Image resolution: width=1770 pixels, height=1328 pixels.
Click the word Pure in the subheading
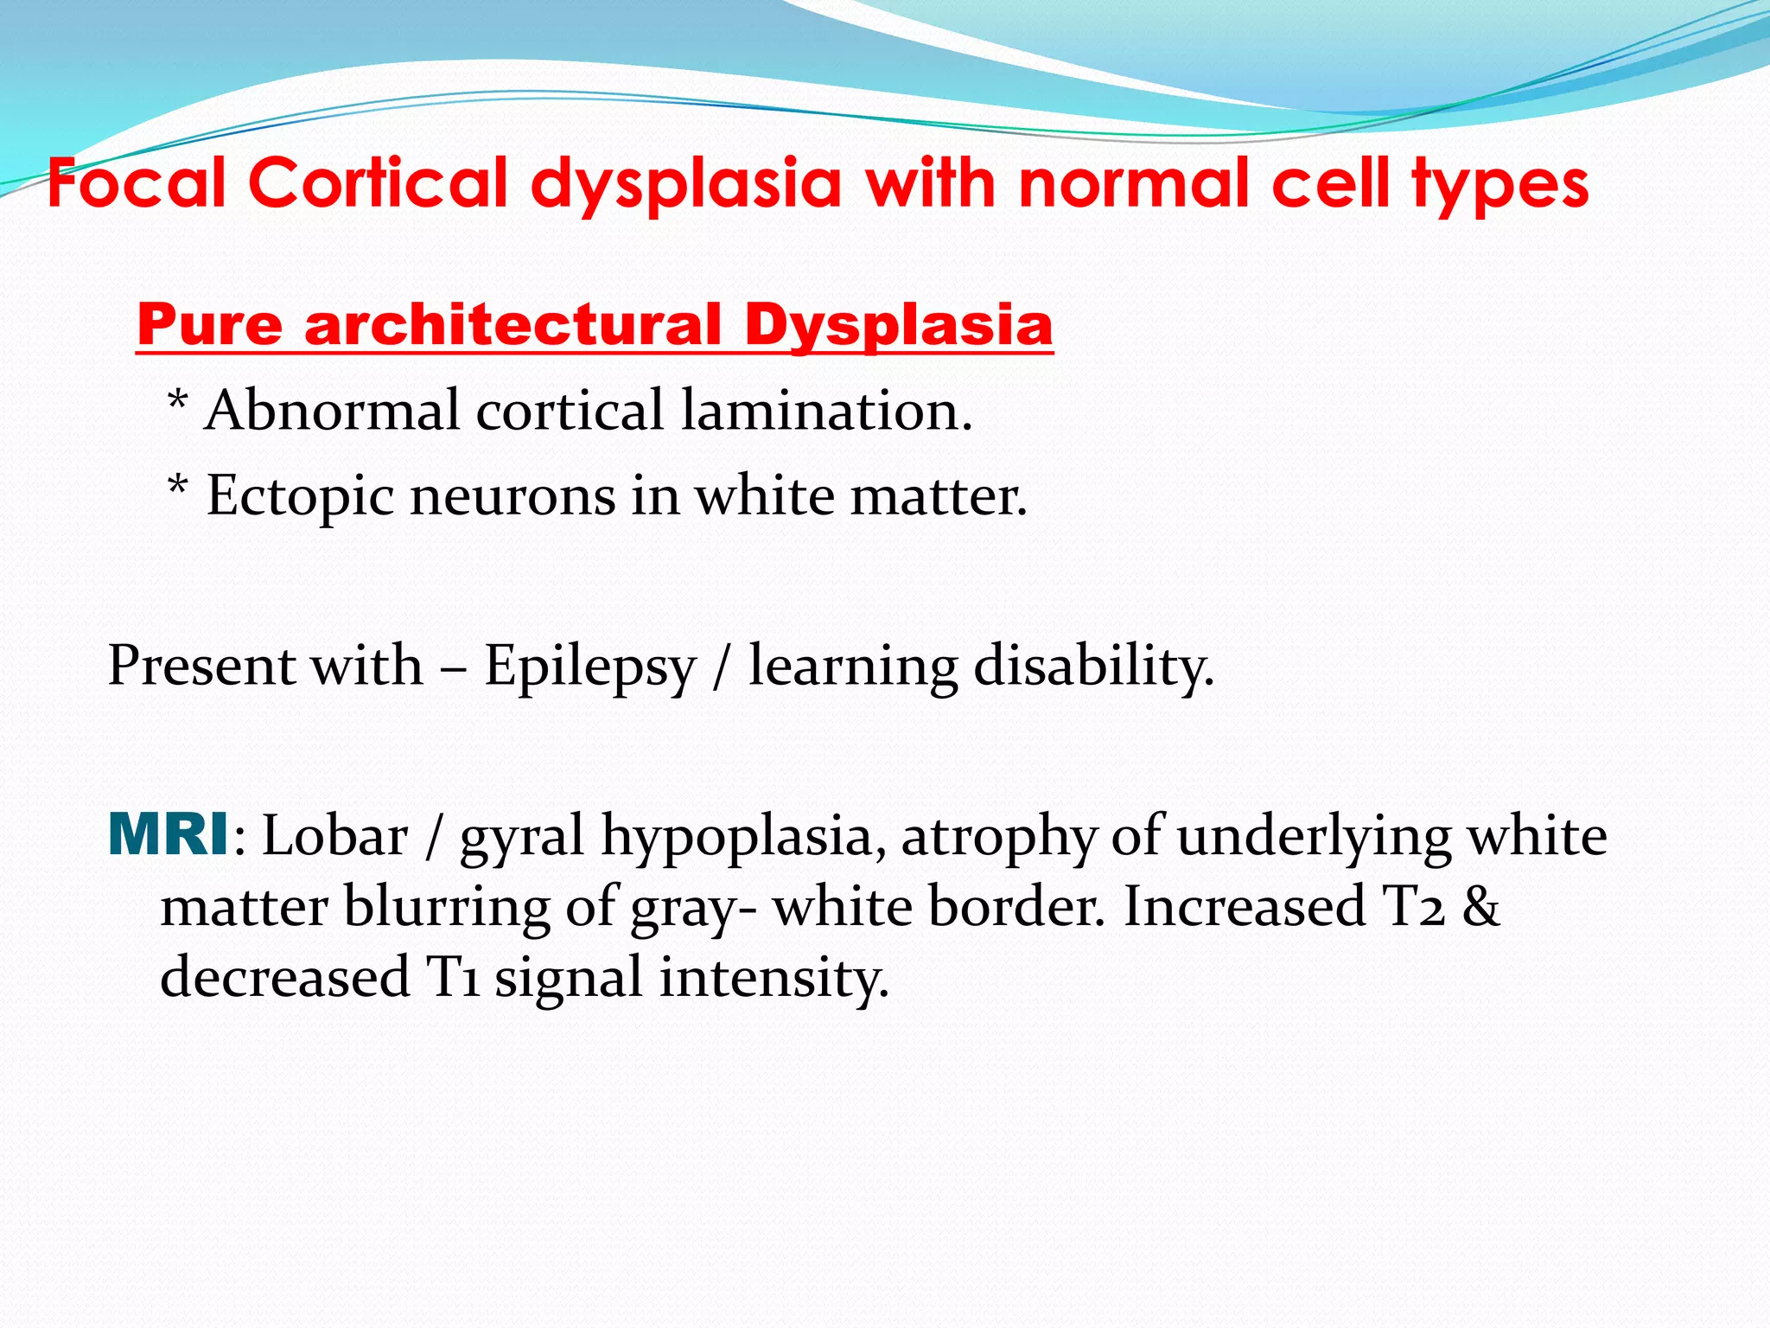coord(209,325)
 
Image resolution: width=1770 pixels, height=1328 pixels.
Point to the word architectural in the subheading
coord(513,325)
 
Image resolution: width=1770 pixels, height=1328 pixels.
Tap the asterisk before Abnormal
coord(177,403)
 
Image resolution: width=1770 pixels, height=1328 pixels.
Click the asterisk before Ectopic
coord(177,488)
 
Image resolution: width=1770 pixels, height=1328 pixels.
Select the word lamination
coord(826,410)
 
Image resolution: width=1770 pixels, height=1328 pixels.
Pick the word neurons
coord(513,496)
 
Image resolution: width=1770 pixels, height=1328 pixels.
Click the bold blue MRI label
coord(169,836)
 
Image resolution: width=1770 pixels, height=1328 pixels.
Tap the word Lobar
coord(334,837)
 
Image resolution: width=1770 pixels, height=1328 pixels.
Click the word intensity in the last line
coord(774,977)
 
